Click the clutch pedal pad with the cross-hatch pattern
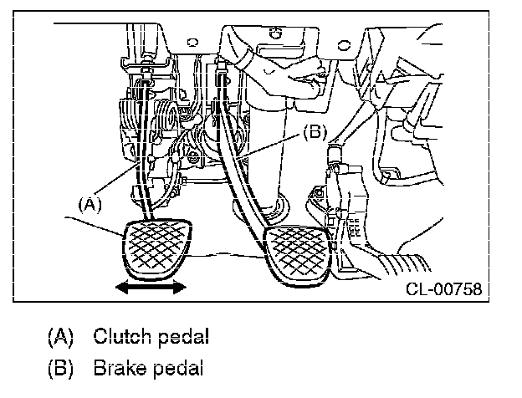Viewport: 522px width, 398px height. click(157, 248)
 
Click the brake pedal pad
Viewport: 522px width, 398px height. click(297, 256)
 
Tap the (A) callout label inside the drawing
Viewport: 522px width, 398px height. click(90, 204)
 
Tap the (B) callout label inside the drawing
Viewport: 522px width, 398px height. click(315, 133)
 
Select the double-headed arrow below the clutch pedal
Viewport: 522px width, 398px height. click(151, 287)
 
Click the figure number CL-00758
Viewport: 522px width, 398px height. click(443, 288)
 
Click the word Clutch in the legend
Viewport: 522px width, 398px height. click(122, 336)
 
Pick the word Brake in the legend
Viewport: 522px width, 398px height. click(120, 368)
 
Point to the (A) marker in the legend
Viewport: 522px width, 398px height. click(60, 337)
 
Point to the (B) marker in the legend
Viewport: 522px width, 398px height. click(60, 369)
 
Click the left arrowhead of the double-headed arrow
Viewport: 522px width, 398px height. click(121, 287)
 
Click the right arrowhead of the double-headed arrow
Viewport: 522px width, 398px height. click(180, 287)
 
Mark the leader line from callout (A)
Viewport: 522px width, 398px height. click(117, 178)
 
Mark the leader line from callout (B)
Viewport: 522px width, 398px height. click(269, 145)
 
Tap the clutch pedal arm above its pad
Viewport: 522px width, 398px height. click(144, 150)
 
